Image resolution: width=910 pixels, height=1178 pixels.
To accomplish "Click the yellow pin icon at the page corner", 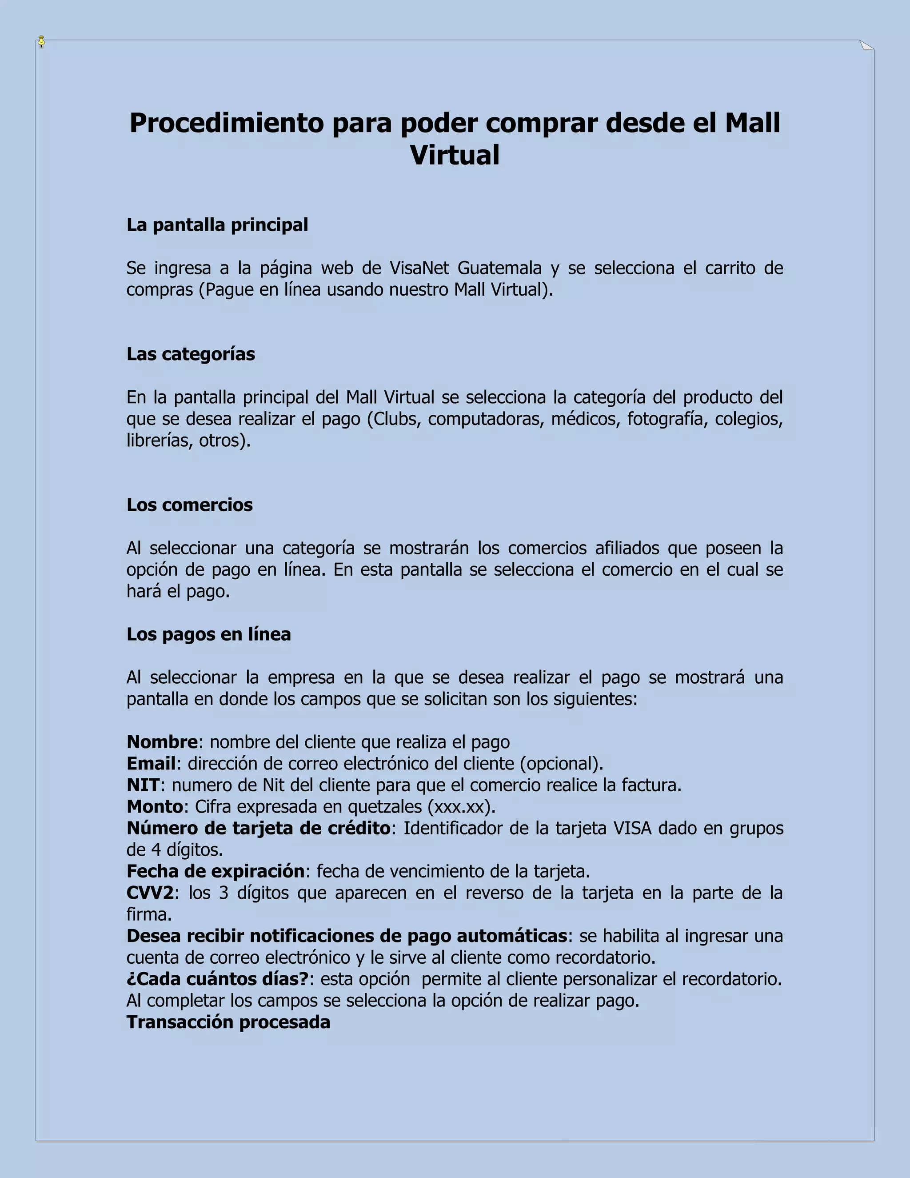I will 41,41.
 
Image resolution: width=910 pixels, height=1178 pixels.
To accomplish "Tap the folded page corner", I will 866,45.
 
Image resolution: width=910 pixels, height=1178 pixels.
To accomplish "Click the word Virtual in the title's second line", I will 455,155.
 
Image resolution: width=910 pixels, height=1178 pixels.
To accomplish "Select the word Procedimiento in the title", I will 227,123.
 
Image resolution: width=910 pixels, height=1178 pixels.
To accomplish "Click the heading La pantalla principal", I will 217,225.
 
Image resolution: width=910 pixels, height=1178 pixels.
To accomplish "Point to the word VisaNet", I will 419,268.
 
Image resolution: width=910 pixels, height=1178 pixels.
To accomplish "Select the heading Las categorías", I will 191,354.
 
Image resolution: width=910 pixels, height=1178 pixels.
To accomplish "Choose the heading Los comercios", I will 190,505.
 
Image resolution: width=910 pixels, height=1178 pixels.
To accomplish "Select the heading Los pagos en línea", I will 209,634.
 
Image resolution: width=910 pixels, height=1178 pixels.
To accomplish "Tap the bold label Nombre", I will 162,742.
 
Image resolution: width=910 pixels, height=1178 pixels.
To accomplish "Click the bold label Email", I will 151,764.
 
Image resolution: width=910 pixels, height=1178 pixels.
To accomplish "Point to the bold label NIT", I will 143,785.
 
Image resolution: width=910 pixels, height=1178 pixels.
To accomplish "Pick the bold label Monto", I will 155,807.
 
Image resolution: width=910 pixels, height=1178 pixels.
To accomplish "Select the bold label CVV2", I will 150,893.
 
